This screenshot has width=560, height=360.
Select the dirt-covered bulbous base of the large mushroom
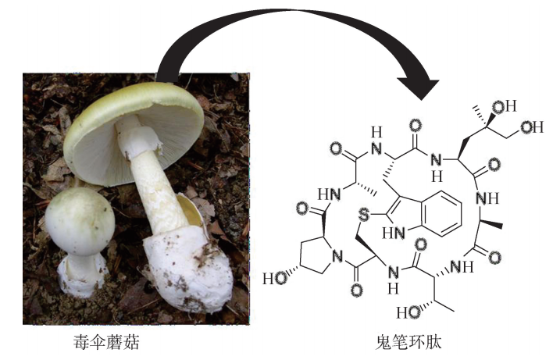(x=184, y=269)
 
